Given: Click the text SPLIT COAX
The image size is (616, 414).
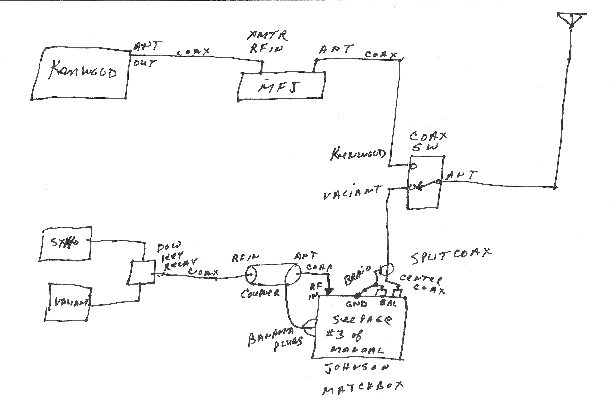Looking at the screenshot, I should (x=451, y=255).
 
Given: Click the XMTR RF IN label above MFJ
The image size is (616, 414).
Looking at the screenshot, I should (x=267, y=42).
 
